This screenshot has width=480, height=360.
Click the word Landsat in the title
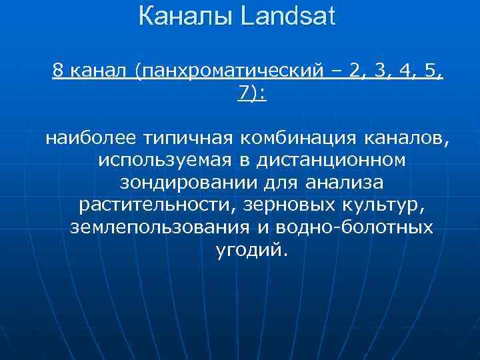[x=289, y=16]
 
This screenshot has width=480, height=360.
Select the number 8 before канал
[x=59, y=71]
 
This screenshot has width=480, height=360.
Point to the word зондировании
[x=179, y=183]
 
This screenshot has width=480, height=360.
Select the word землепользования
[x=159, y=227]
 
